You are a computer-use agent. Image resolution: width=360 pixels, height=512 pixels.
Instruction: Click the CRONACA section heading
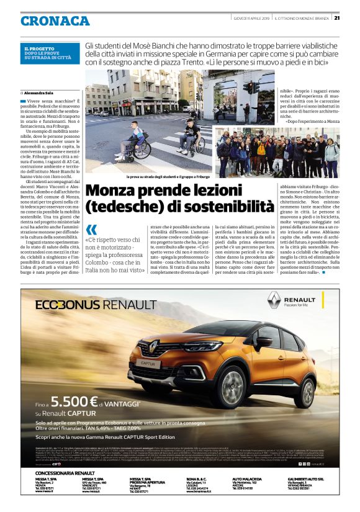click(x=55, y=20)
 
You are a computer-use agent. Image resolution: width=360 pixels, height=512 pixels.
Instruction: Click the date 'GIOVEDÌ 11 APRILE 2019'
click(x=251, y=17)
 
